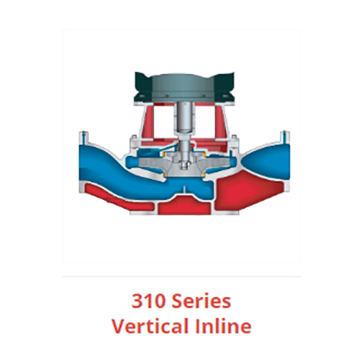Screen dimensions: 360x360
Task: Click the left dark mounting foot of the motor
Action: coord(136,91)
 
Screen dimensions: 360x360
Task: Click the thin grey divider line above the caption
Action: coord(180,275)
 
